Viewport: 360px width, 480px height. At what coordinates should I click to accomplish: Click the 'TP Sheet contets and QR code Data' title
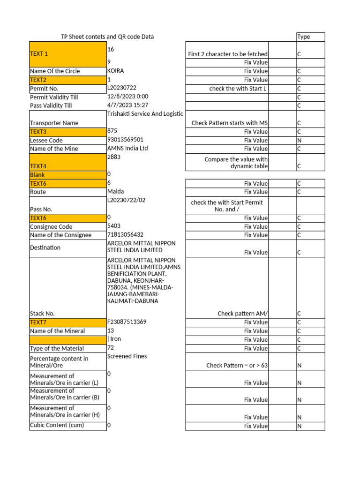(107, 37)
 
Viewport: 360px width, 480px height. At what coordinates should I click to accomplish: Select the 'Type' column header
(304, 37)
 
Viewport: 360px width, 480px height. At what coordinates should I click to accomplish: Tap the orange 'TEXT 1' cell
(68, 53)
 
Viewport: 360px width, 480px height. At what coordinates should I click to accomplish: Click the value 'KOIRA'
(116, 71)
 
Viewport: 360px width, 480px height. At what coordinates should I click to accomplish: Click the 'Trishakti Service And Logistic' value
(144, 114)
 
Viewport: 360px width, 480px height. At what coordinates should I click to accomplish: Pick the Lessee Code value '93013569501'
(125, 140)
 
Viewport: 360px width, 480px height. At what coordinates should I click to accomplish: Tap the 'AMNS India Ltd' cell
(127, 148)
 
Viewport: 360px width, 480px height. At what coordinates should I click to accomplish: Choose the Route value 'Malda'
(116, 191)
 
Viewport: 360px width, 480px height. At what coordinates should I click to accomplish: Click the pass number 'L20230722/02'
(127, 200)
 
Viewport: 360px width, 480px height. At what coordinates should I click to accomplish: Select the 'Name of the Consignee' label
(60, 235)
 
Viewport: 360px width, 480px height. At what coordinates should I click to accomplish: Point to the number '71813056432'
(126, 234)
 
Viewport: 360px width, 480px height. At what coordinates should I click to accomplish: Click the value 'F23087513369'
(127, 322)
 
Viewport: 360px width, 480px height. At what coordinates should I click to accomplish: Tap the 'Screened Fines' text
(127, 356)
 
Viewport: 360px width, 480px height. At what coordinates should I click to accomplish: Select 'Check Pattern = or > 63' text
(237, 365)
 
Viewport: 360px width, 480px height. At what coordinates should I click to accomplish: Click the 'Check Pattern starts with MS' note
(230, 123)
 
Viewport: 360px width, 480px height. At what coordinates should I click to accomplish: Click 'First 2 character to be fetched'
(228, 54)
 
